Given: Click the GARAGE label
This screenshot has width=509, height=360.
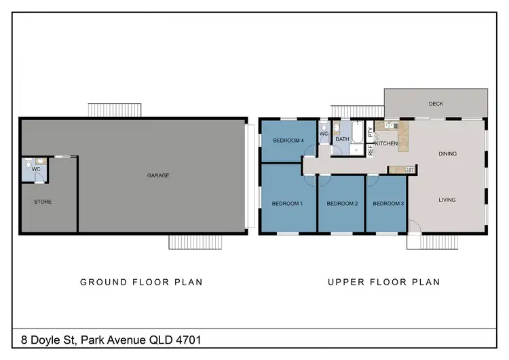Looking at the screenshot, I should [x=158, y=175].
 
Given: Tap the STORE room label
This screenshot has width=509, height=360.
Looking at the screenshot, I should [x=43, y=202].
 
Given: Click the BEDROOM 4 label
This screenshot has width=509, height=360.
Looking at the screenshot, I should [x=288, y=141].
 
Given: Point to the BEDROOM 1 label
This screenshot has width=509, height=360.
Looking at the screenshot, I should [x=287, y=204].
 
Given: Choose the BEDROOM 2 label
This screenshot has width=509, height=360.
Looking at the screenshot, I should [x=342, y=204].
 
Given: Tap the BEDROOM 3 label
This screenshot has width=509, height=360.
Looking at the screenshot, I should [x=388, y=204].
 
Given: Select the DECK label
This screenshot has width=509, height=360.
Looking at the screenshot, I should [x=436, y=104].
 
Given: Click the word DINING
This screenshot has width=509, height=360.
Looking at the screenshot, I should [x=447, y=154].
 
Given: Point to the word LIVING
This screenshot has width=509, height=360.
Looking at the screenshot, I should [x=447, y=200].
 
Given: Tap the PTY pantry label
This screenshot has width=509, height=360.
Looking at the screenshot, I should [x=370, y=132].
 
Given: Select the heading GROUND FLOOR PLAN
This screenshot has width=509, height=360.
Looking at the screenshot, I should [x=141, y=282].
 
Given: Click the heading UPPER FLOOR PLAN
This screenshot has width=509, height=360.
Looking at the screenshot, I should [x=383, y=282].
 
